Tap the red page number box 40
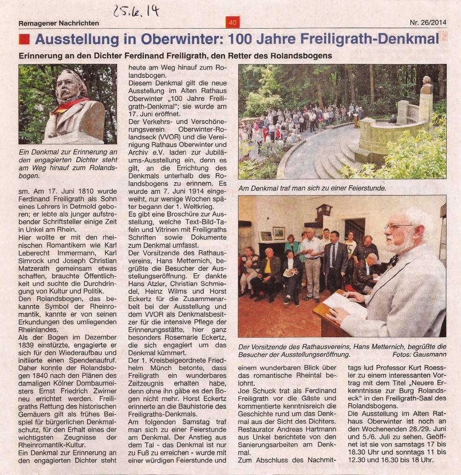tap(232, 23)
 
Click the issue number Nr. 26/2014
tap(428, 23)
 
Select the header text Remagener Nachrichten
tap(59, 23)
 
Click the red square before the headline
tap(24, 39)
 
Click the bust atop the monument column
tap(426, 84)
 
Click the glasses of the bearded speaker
tap(399, 226)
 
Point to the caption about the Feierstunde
tap(312, 188)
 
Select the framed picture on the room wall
tap(278, 233)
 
